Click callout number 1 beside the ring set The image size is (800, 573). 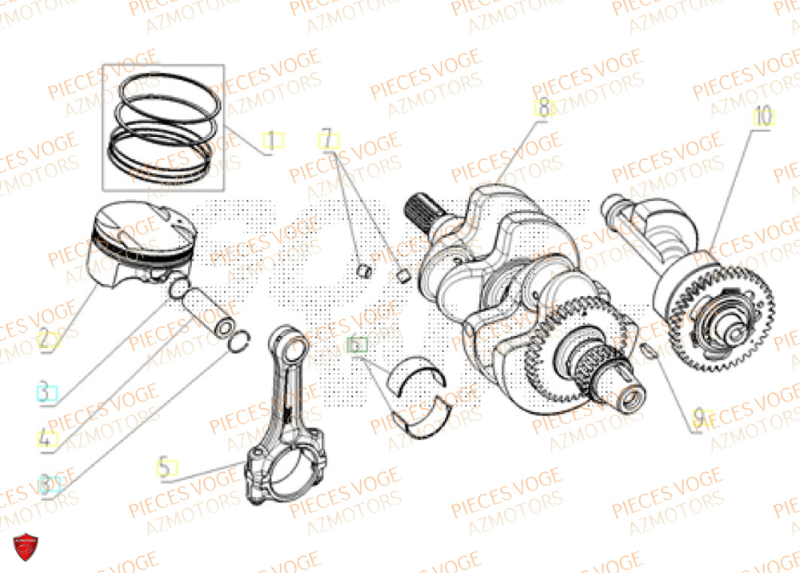(274, 142)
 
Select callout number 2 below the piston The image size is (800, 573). (48, 340)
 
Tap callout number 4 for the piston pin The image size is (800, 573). (47, 439)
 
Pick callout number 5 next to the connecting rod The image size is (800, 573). (165, 467)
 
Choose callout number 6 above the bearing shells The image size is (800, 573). (358, 346)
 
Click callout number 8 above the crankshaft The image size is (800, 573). (543, 109)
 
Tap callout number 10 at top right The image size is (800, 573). (762, 117)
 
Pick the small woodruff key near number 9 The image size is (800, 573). (648, 350)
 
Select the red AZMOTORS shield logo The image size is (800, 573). (26, 550)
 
